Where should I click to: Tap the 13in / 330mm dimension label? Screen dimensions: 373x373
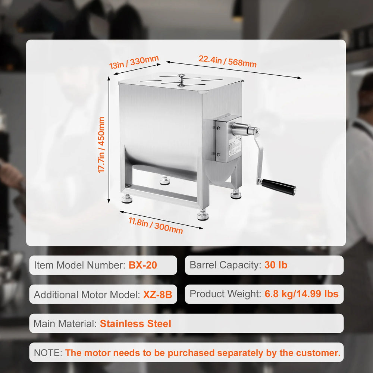click(x=134, y=62)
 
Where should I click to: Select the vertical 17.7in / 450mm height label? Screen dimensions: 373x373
click(x=101, y=145)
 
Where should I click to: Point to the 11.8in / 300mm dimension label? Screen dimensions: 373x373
click(x=156, y=226)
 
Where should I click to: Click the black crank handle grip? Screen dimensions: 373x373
click(x=279, y=187)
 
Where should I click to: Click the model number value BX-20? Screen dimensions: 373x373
click(x=143, y=265)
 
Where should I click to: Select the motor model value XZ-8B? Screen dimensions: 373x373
click(x=157, y=295)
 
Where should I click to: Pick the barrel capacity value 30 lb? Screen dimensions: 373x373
click(x=276, y=265)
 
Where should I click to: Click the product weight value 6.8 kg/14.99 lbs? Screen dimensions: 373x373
click(x=301, y=294)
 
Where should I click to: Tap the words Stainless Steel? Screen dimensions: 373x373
click(x=135, y=323)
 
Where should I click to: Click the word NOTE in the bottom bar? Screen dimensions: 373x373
click(x=48, y=352)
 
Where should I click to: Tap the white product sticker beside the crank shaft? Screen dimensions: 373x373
click(x=235, y=147)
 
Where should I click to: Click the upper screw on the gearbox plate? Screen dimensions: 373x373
click(x=218, y=128)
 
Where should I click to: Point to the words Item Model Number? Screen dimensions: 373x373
click(x=79, y=265)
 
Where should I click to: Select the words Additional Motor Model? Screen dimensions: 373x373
click(x=87, y=295)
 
